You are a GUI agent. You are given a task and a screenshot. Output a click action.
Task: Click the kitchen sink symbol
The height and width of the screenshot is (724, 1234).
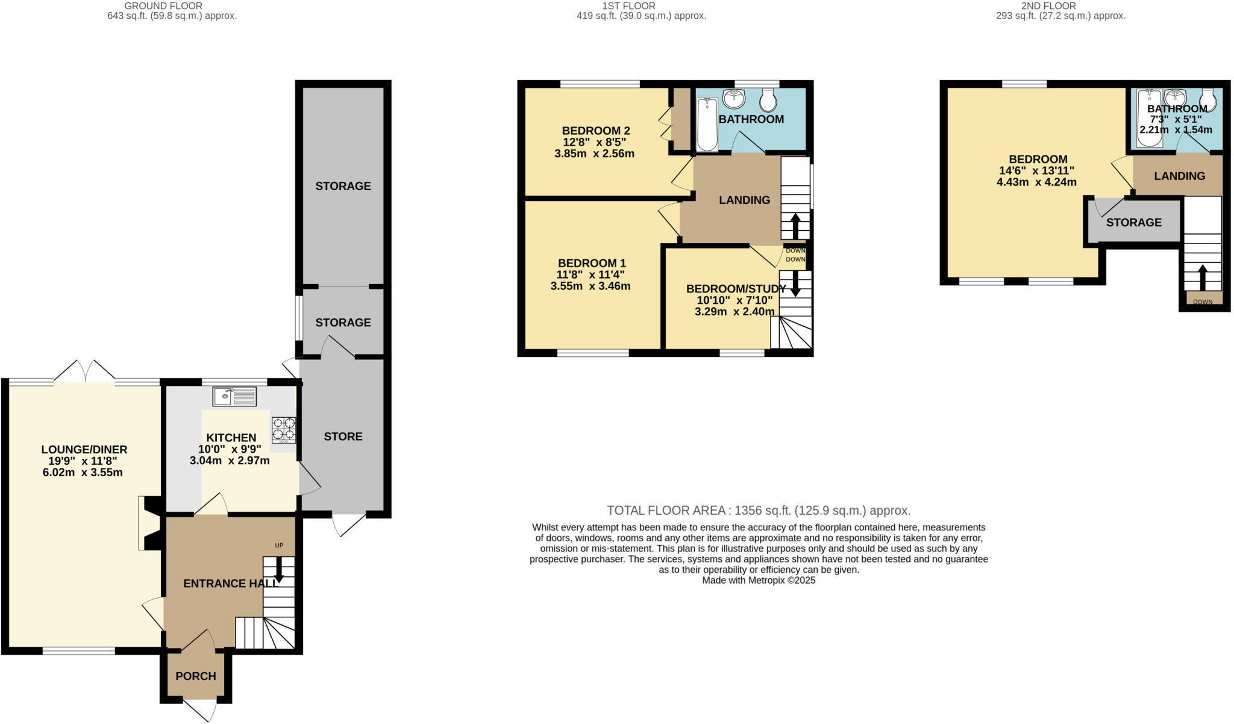coord(234,396)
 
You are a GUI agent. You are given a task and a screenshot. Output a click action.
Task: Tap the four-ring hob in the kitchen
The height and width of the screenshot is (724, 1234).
coord(283,429)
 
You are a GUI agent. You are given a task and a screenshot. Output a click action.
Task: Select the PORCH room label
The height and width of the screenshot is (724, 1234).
coord(196,676)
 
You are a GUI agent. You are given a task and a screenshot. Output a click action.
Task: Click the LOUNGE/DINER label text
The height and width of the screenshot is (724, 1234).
coord(84,450)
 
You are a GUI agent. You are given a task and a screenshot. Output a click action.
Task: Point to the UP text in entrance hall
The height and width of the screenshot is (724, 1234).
coord(279,546)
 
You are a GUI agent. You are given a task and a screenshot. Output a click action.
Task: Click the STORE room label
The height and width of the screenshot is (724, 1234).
coord(343,436)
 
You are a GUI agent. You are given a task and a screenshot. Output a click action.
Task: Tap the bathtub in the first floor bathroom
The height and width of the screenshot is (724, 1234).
coord(707,125)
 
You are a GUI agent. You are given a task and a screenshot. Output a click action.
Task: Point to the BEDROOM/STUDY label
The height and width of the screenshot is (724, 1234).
coord(736,289)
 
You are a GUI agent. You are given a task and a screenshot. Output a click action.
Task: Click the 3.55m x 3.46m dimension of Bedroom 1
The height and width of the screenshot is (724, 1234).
coord(590,286)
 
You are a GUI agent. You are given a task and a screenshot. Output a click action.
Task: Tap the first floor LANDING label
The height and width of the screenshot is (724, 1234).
coord(744,200)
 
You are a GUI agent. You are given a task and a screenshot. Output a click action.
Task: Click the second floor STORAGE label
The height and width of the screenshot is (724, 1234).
coord(1133,222)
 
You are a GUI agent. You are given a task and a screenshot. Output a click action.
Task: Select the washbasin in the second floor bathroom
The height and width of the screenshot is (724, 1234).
coord(1175,98)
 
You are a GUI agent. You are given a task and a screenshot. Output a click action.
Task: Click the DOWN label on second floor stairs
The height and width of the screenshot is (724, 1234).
coord(1203,301)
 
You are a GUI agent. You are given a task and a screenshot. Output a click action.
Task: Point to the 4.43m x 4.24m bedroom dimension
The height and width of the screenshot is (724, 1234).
coord(1036,182)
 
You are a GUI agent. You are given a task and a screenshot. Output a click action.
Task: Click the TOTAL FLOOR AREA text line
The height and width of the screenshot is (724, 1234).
coord(758,511)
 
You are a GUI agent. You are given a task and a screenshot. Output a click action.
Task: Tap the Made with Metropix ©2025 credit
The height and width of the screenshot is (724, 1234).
coord(758,581)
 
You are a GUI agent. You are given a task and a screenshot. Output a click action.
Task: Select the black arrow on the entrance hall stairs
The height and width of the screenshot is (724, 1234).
coord(278,569)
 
